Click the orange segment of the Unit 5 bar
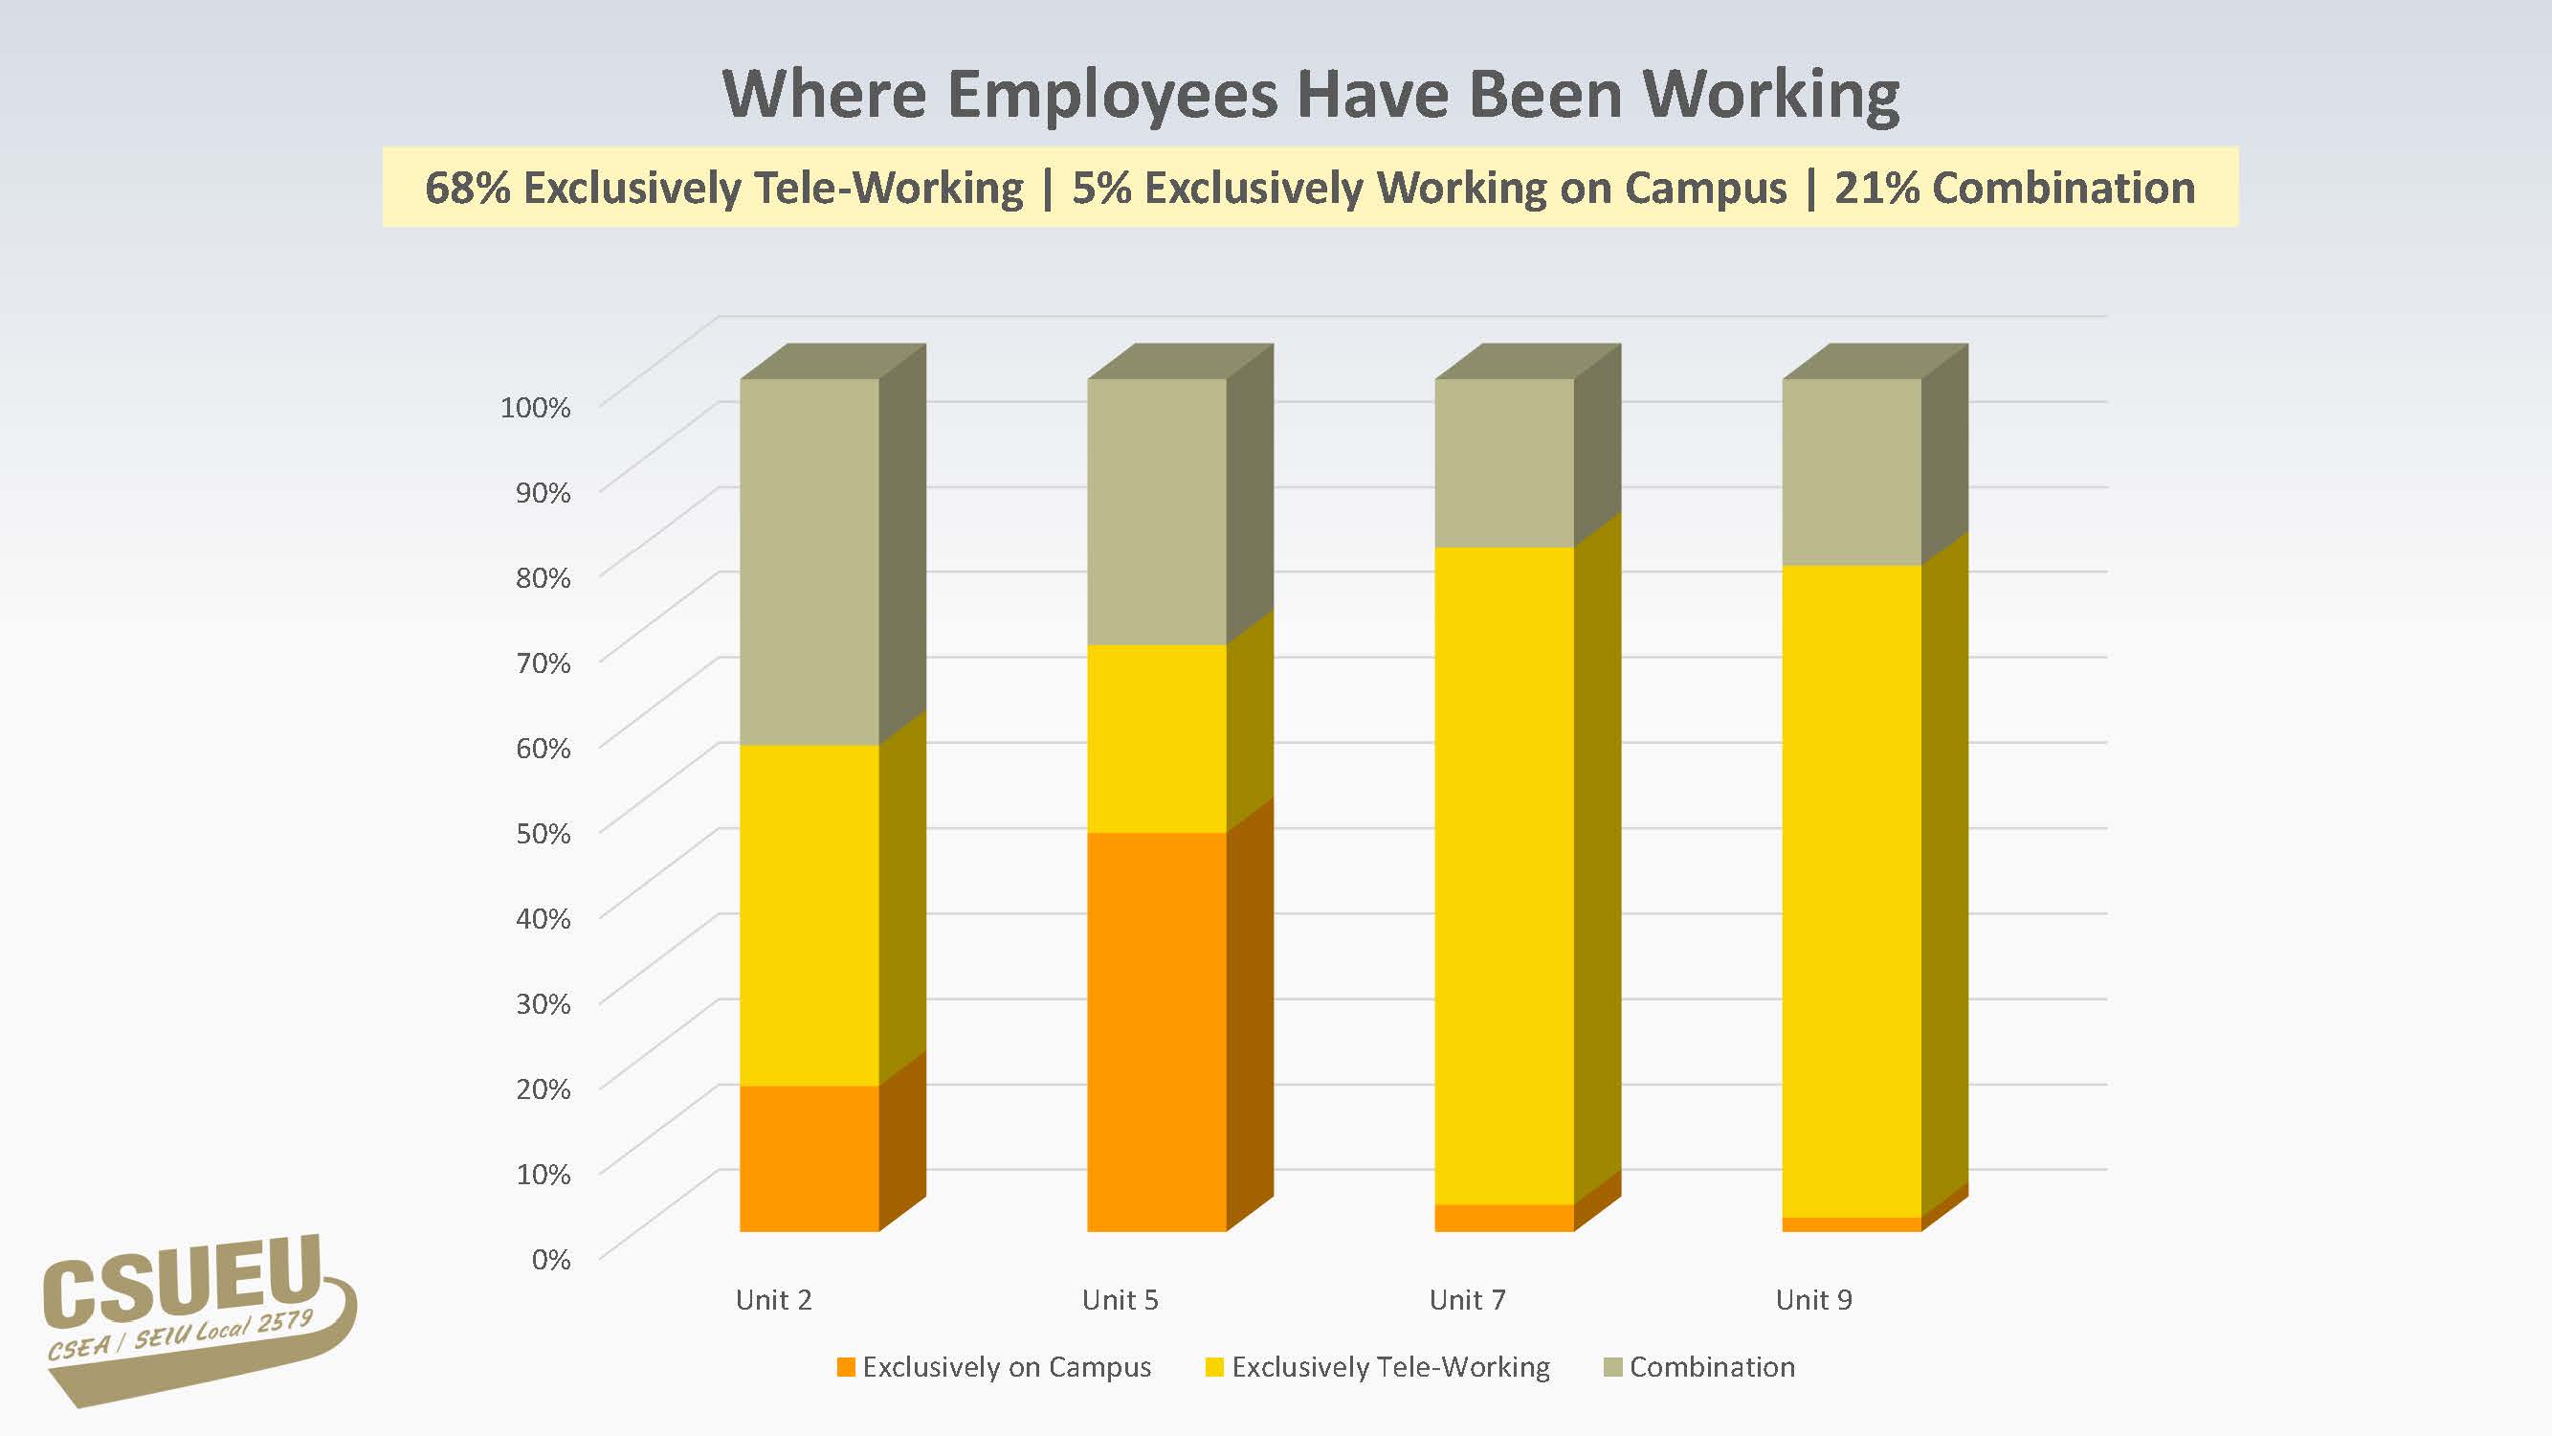[x=1156, y=1031]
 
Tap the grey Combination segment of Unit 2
[x=810, y=561]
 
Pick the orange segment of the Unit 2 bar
[x=810, y=1157]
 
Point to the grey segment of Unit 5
[x=1156, y=511]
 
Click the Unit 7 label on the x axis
[x=1467, y=1300]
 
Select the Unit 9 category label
[x=1813, y=1300]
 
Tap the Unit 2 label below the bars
[x=774, y=1300]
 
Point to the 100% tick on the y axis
[x=535, y=407]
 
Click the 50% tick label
[x=543, y=834]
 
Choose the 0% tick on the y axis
[x=551, y=1260]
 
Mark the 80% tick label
[x=543, y=578]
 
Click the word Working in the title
[x=1771, y=96]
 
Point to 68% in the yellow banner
[x=467, y=189]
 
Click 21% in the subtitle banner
[x=1876, y=189]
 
